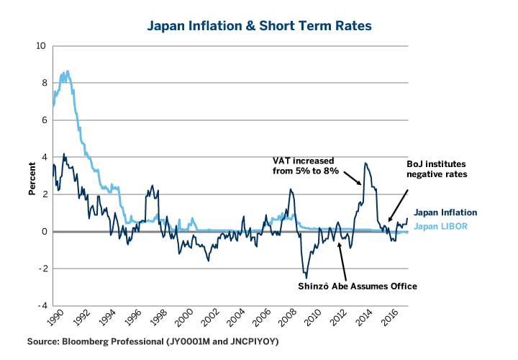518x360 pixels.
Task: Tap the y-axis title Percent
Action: pos(32,176)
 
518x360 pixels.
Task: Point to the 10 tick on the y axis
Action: pos(40,46)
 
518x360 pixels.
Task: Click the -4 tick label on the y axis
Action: pos(40,305)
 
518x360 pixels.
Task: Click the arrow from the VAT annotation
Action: pos(352,176)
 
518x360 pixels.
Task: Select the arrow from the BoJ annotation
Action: pos(398,204)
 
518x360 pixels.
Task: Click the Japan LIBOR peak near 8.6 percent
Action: pos(67,71)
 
